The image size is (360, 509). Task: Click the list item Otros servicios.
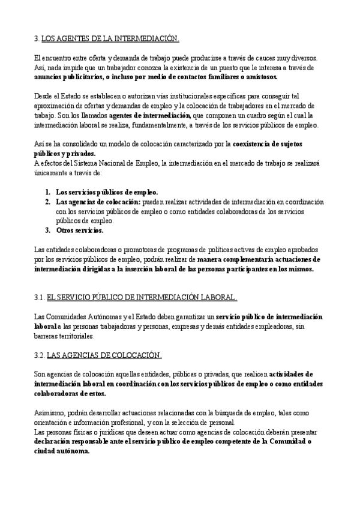[80, 230]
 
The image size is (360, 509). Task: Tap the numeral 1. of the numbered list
[47, 192]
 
